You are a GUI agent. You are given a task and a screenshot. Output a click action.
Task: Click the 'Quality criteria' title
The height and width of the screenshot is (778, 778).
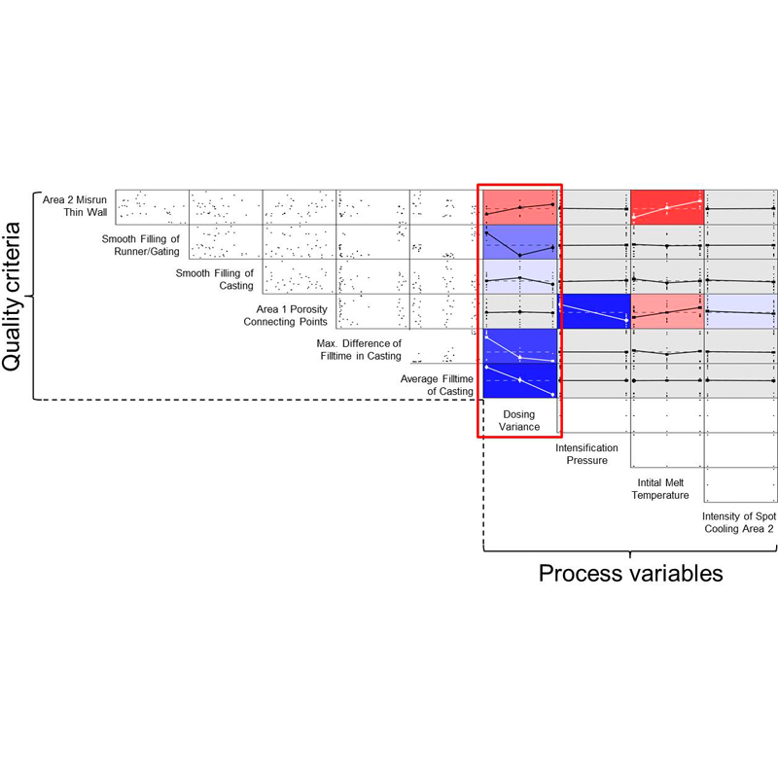[11, 297]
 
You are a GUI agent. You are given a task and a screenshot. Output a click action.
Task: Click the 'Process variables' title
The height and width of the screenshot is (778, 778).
[630, 574]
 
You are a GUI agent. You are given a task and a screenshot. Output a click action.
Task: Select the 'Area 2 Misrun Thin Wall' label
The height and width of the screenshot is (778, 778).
[75, 206]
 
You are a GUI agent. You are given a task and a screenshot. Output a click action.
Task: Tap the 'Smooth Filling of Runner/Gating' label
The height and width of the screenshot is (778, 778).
[141, 245]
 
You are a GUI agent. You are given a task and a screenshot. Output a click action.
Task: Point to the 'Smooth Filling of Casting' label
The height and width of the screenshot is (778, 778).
[214, 279]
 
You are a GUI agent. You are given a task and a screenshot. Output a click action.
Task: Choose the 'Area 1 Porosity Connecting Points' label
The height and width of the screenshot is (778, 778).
[285, 315]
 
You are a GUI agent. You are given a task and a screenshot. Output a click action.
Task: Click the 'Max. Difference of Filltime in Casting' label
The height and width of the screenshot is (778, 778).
[359, 350]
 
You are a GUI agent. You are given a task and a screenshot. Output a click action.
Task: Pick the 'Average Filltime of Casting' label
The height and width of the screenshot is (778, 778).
[437, 385]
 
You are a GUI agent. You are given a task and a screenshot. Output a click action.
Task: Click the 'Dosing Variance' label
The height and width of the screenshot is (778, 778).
[519, 420]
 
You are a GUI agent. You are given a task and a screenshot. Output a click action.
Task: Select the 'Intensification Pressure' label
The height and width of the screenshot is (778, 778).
[587, 454]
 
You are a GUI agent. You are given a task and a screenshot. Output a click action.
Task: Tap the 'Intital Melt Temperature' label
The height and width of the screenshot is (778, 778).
[660, 489]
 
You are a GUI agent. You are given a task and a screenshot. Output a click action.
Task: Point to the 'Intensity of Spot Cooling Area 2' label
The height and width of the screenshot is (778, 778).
[739, 522]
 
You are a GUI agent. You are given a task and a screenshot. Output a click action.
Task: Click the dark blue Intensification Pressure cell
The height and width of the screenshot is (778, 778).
[594, 311]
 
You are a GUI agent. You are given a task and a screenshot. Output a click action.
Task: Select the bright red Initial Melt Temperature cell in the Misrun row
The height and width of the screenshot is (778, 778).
[667, 207]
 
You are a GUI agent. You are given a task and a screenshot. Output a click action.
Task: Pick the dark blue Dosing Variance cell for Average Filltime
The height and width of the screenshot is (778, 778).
[520, 380]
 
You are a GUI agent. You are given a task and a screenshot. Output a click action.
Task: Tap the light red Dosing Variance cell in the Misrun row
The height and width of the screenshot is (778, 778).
[520, 207]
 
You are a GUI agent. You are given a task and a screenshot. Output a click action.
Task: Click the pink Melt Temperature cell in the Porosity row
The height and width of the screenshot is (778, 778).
[667, 311]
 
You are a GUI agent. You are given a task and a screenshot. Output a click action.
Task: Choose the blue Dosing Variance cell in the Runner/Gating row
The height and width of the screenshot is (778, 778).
[520, 242]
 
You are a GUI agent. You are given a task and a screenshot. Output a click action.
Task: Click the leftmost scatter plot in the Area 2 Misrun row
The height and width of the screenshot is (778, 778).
[153, 207]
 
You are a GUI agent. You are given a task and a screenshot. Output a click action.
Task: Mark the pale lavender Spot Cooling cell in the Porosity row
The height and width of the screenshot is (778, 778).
[741, 311]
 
